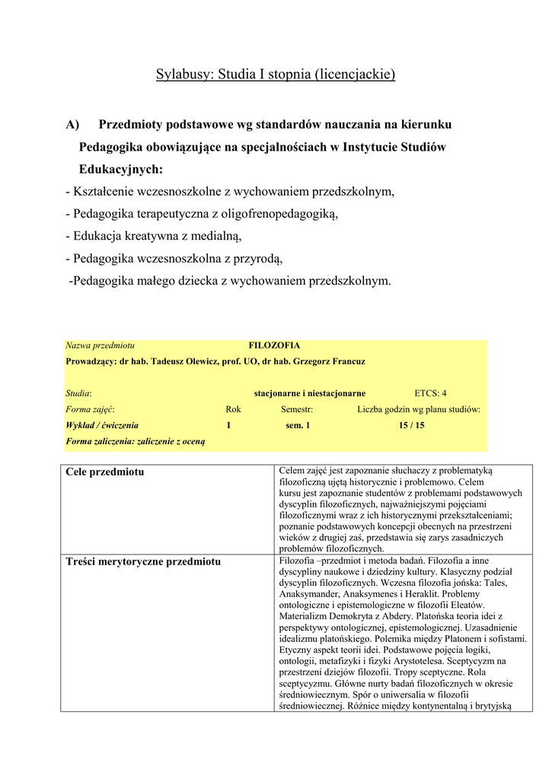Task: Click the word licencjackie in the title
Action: click(358, 75)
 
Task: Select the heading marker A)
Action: click(73, 124)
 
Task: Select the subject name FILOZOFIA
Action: click(274, 345)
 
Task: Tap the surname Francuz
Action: click(346, 361)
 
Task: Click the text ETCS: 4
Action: click(430, 393)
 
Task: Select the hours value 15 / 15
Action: click(411, 425)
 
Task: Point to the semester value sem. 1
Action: click(292, 425)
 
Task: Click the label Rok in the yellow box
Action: click(233, 409)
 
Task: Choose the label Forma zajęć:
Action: click(90, 409)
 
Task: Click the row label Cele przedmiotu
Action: click(104, 472)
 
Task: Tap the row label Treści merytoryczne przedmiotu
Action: click(143, 561)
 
